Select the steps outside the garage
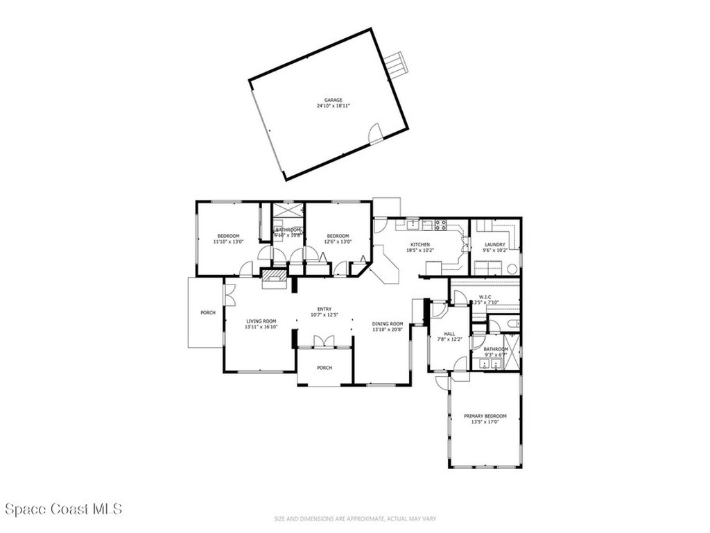tap(397, 65)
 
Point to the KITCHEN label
tap(420, 244)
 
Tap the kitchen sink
tap(413, 223)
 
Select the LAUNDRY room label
tap(495, 244)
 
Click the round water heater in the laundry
tap(512, 269)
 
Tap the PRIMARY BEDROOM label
tap(485, 416)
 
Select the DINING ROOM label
tap(388, 323)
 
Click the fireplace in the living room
tap(273, 277)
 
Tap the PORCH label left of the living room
tap(208, 313)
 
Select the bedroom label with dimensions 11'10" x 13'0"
tap(228, 236)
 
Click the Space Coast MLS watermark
tap(63, 509)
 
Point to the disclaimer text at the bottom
tap(354, 518)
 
